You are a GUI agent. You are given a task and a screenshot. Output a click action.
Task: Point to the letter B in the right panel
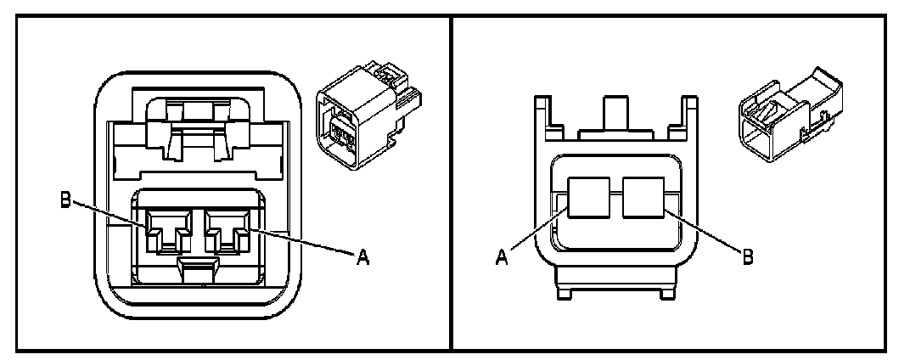click(747, 255)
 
